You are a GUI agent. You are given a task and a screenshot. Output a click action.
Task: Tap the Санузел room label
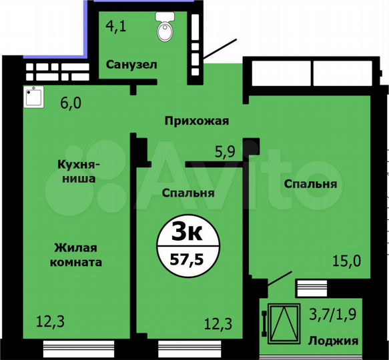click(131, 65)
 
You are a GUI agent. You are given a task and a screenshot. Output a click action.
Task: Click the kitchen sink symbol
click(33, 98)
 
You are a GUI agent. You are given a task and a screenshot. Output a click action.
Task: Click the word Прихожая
click(198, 121)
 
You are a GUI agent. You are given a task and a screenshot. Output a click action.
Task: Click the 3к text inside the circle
click(187, 233)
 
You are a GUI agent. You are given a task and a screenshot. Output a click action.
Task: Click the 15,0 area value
click(348, 261)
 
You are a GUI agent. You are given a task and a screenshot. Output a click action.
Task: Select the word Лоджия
click(333, 341)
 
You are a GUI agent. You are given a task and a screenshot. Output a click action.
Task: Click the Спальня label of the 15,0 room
click(310, 184)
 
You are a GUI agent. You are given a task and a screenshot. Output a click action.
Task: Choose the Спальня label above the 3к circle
click(187, 193)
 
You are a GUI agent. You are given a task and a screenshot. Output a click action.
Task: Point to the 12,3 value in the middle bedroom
click(218, 324)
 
